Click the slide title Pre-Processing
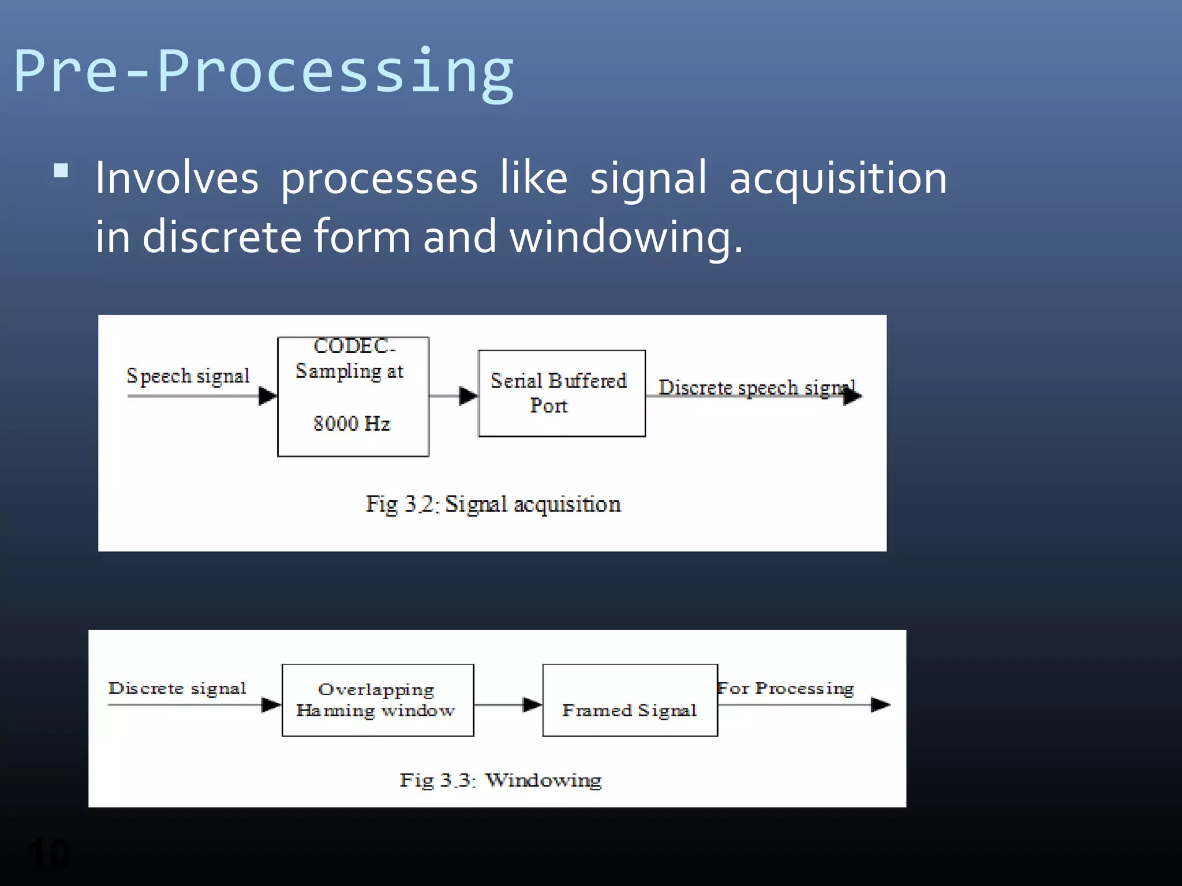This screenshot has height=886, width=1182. pyautogui.click(x=263, y=72)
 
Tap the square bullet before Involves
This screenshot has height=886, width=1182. pyautogui.click(x=61, y=171)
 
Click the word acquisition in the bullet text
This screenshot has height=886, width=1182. pyautogui.click(x=838, y=178)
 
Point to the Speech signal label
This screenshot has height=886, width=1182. pyautogui.click(x=188, y=376)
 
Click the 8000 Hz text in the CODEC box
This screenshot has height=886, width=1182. pyautogui.click(x=351, y=424)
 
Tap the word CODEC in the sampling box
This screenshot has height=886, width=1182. pyautogui.click(x=351, y=346)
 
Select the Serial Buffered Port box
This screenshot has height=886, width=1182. pyautogui.click(x=562, y=393)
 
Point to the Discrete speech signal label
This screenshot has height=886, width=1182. pyautogui.click(x=756, y=388)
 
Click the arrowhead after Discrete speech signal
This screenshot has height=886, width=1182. pyautogui.click(x=852, y=396)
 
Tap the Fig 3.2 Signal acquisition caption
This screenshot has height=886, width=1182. pyautogui.click(x=493, y=504)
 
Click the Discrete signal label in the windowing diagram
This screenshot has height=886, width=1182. pyautogui.click(x=177, y=688)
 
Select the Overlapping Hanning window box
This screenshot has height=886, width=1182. pyautogui.click(x=377, y=700)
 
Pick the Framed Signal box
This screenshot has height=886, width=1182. pyautogui.click(x=630, y=700)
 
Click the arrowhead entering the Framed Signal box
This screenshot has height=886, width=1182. pyautogui.click(x=532, y=704)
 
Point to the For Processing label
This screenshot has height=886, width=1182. pyautogui.click(x=785, y=688)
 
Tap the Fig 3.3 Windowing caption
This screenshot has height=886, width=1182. pyautogui.click(x=500, y=780)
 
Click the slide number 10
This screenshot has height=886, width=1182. pyautogui.click(x=49, y=852)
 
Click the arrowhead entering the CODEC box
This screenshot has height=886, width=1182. pyautogui.click(x=268, y=396)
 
